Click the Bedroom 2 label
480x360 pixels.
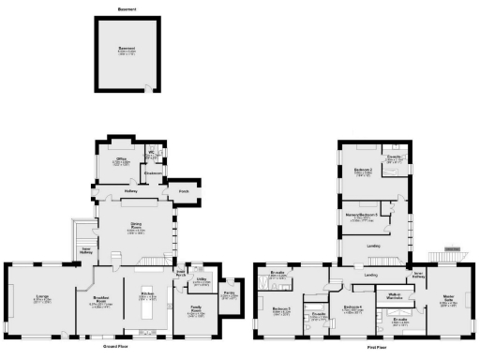(364, 171)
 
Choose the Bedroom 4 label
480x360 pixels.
(352, 308)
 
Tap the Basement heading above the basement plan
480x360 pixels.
(127, 9)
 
